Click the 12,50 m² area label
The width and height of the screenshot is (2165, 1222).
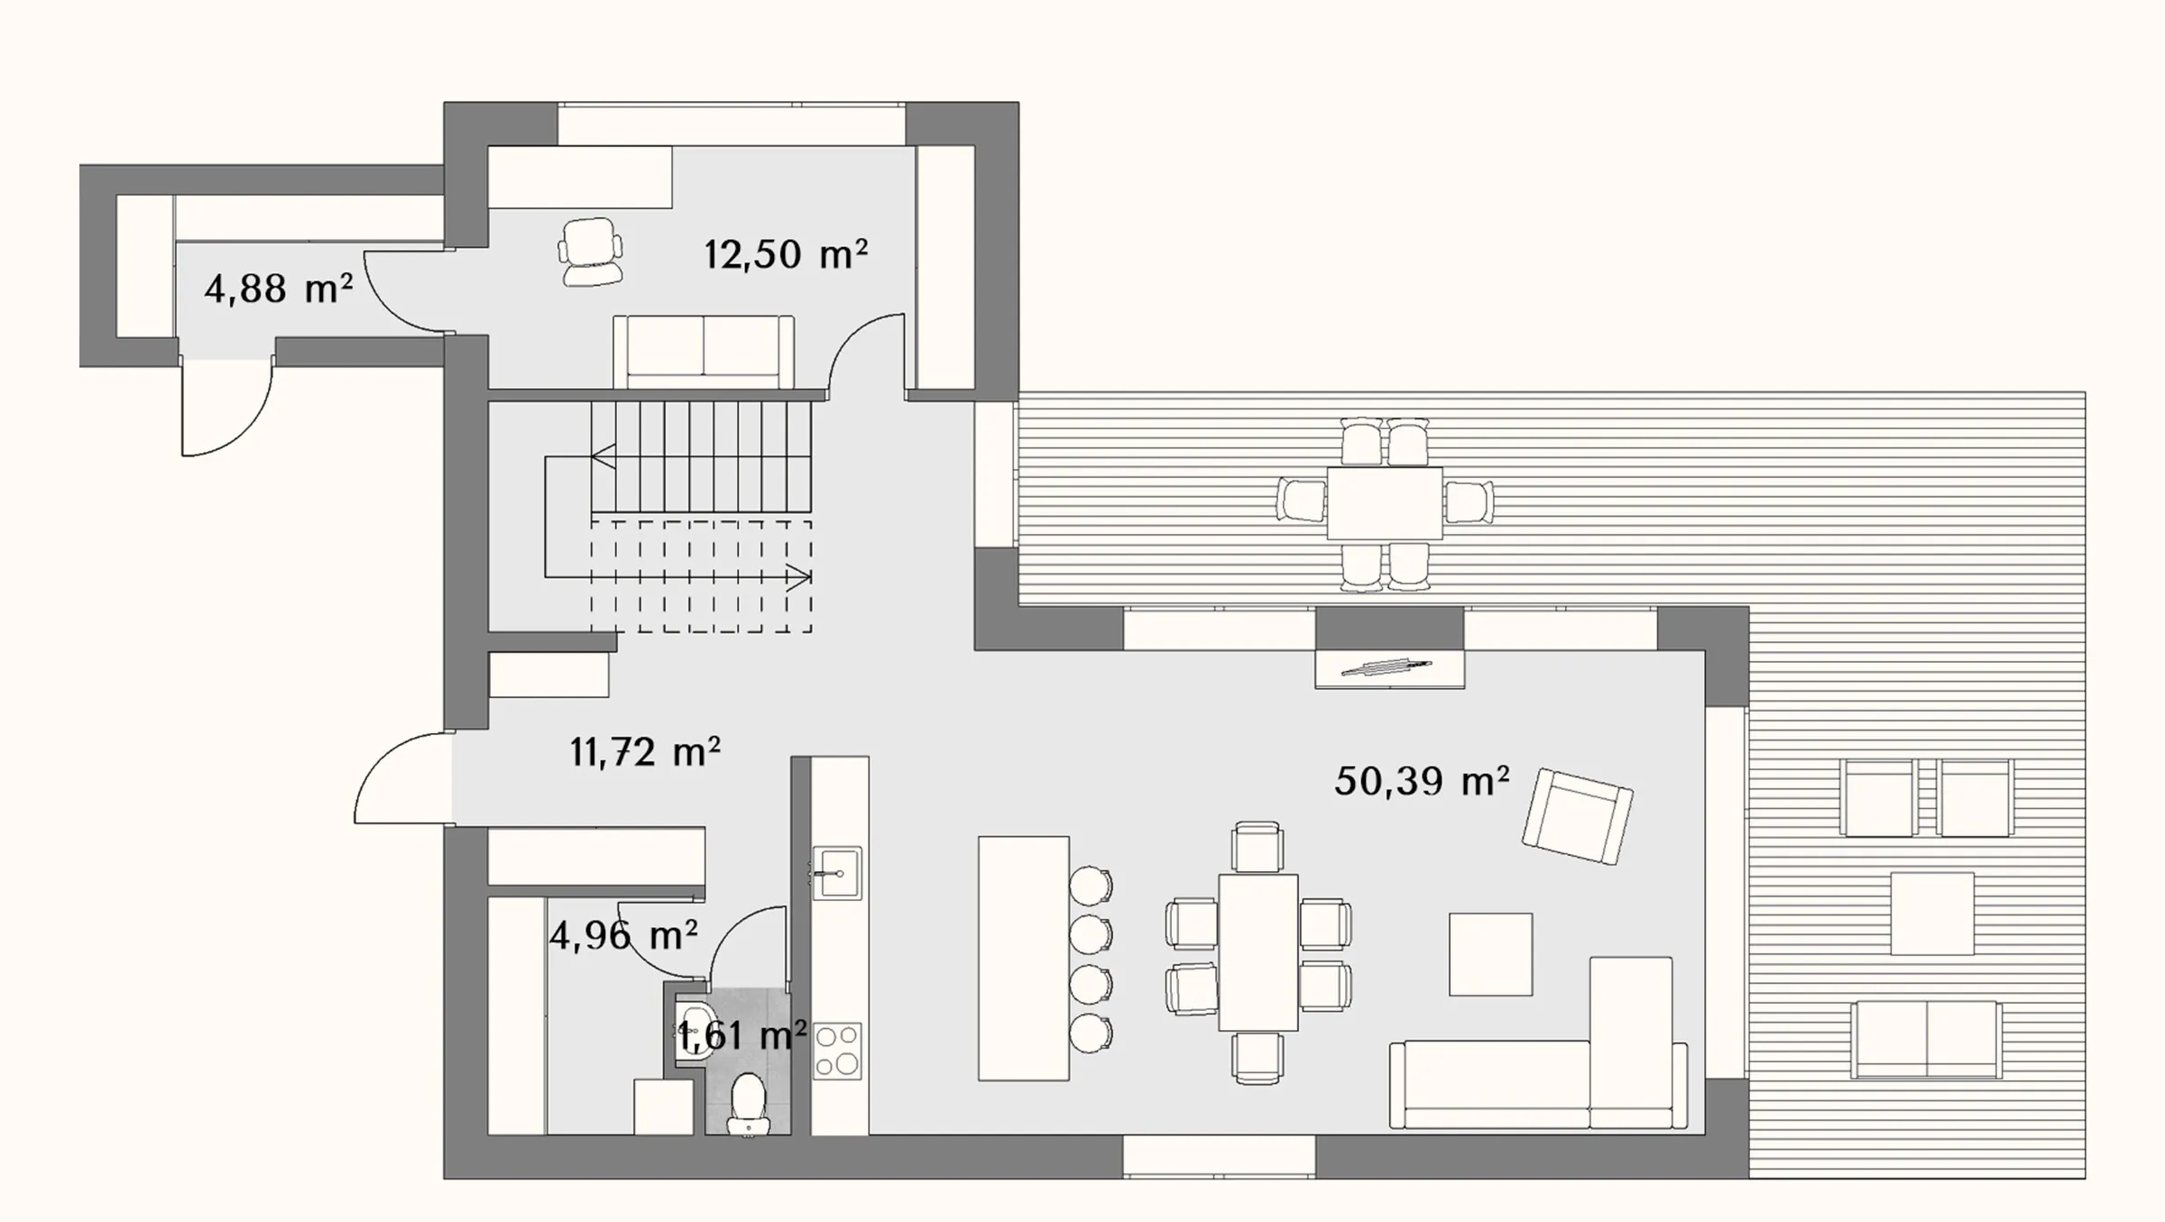click(x=786, y=254)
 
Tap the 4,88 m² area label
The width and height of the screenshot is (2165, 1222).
click(x=279, y=289)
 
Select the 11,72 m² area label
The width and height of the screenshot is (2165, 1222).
click(x=645, y=751)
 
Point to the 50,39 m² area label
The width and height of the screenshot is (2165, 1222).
click(x=1422, y=780)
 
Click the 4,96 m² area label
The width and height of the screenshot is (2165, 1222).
click(x=623, y=935)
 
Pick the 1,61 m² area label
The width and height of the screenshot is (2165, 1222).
click(x=742, y=1036)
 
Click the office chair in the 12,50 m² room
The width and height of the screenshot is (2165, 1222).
click(x=591, y=252)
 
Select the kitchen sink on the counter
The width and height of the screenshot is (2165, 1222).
click(x=837, y=873)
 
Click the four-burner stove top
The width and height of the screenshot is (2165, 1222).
click(x=837, y=1051)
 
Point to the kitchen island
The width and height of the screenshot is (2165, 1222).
click(x=1024, y=958)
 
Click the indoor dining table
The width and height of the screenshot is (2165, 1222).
click(x=1258, y=951)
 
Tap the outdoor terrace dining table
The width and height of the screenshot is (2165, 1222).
click(x=1385, y=502)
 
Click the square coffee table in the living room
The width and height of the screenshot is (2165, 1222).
click(x=1490, y=954)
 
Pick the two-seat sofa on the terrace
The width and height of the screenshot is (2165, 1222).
click(x=1926, y=1040)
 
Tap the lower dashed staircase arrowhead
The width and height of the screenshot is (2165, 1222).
click(x=799, y=576)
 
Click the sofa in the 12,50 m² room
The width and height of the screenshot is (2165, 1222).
click(x=704, y=352)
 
